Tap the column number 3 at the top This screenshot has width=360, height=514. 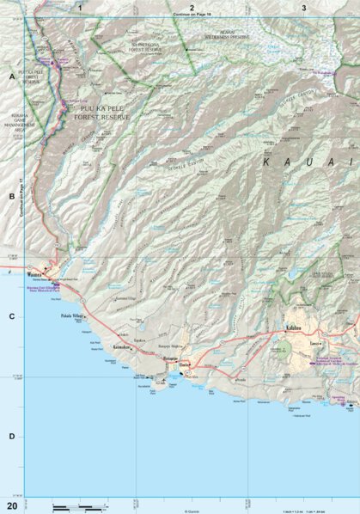tap(303, 8)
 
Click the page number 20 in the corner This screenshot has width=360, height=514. tap(12, 505)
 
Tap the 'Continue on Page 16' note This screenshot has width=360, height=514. tap(191, 15)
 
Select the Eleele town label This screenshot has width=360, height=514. tap(184, 364)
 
